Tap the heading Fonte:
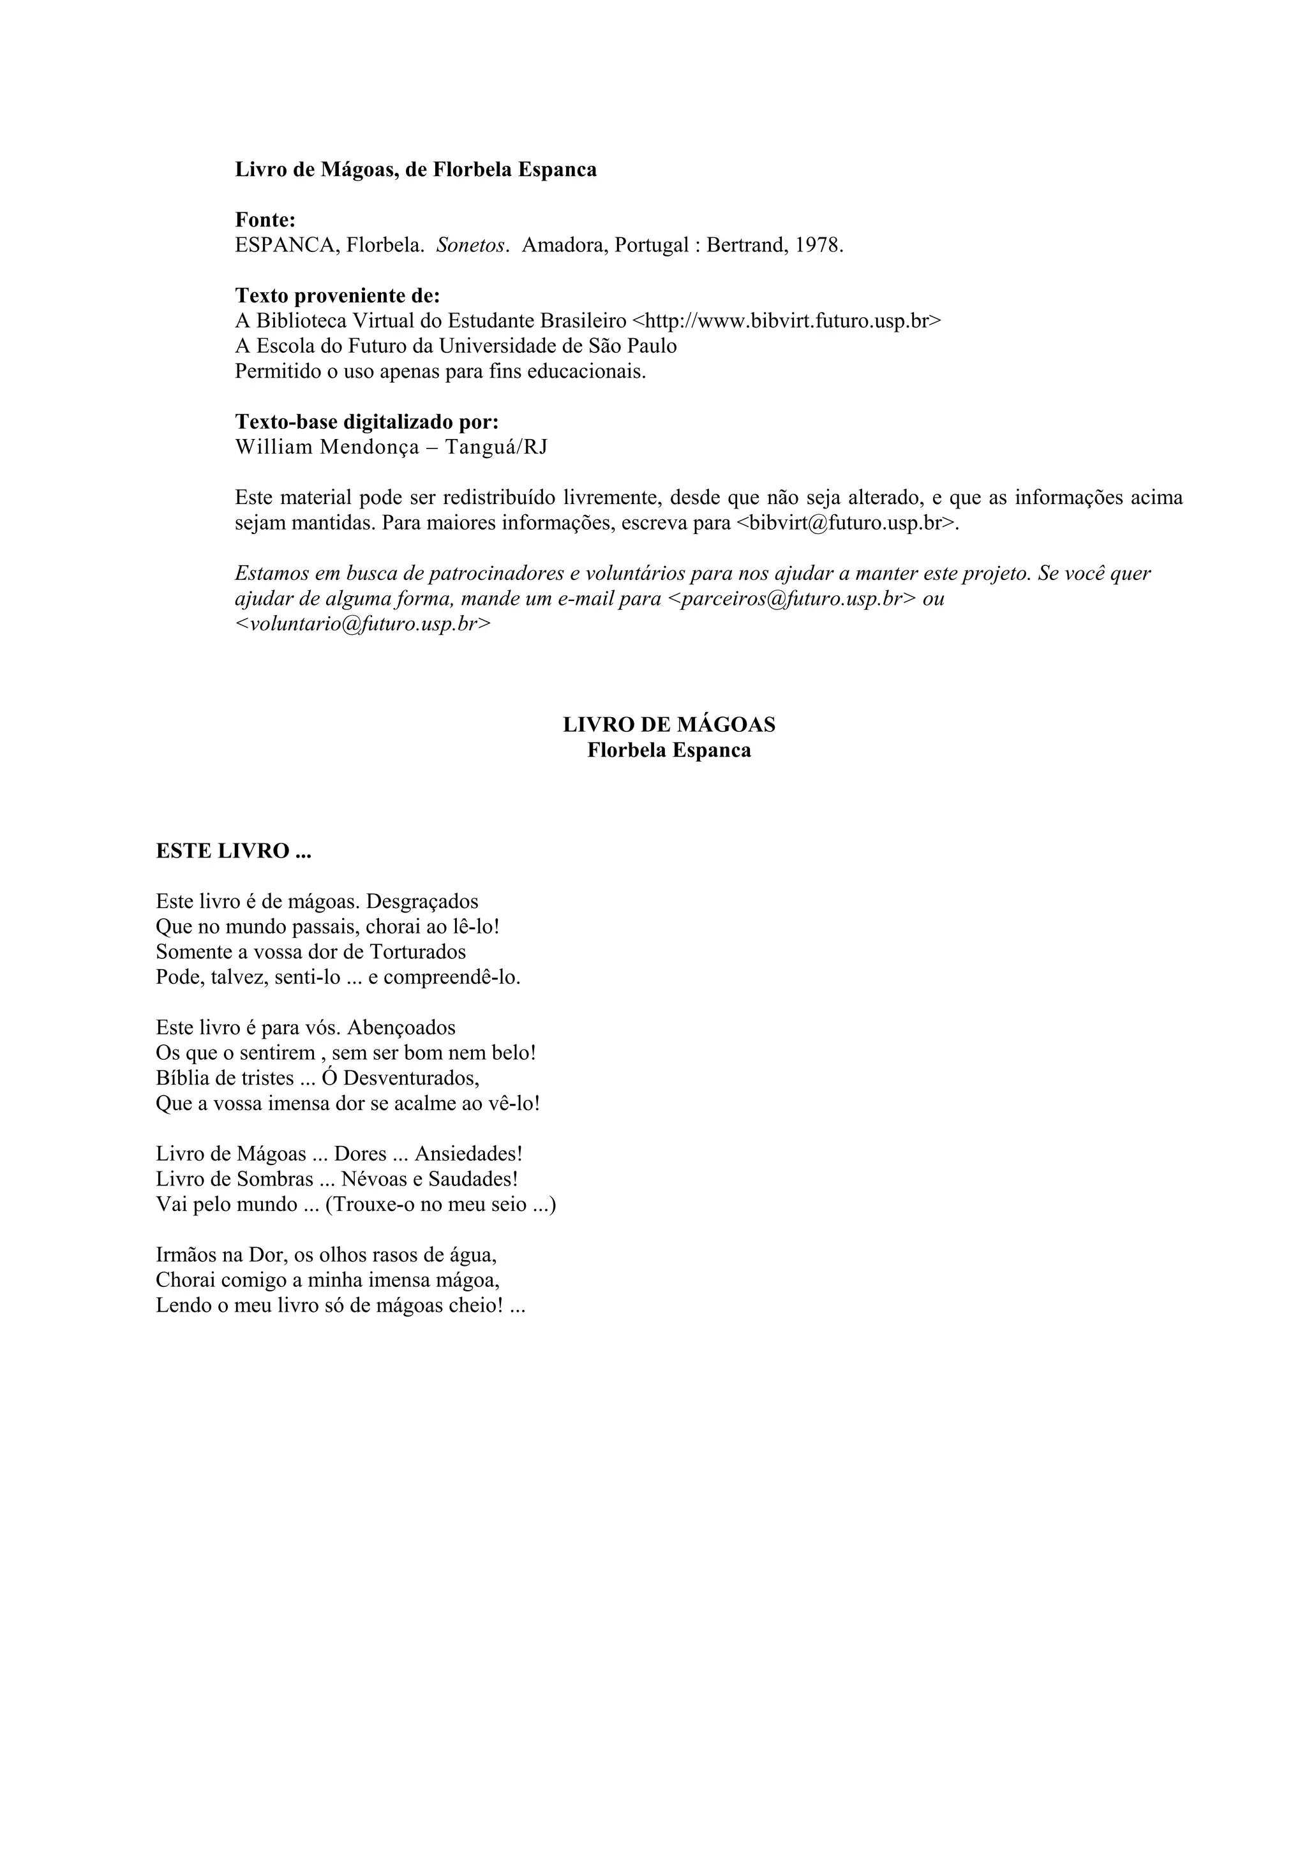point(265,220)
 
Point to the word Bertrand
point(745,246)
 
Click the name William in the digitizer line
point(273,447)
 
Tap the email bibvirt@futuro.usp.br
point(846,523)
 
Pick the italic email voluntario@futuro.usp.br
point(362,624)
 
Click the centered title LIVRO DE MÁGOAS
point(668,725)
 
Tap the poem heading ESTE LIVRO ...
point(234,851)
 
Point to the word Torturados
point(417,952)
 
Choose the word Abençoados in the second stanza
point(402,1028)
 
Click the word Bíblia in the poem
point(181,1078)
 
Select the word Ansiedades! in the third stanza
point(468,1154)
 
